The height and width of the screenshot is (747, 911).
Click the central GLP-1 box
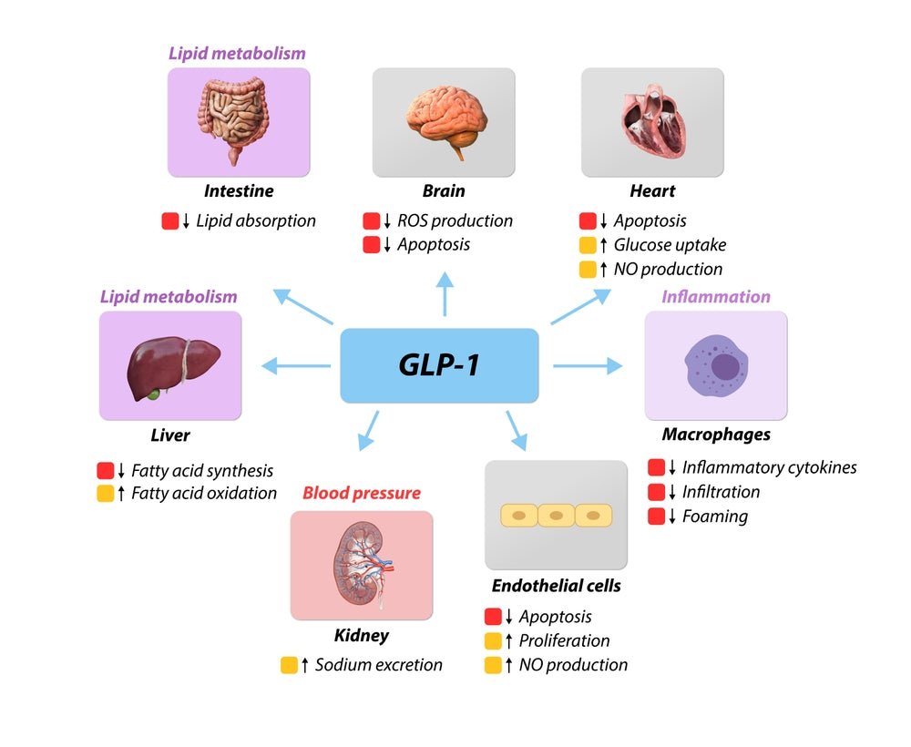(x=439, y=365)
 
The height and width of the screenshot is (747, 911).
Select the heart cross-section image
(x=652, y=122)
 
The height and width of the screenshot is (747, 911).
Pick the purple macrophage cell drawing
(x=716, y=366)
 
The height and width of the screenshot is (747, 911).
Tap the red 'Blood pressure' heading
(x=362, y=493)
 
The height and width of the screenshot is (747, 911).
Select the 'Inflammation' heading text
(x=716, y=296)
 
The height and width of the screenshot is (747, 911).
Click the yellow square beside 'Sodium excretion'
(x=289, y=665)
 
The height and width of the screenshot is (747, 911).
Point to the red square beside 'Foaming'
(x=656, y=517)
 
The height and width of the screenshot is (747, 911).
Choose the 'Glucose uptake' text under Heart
(x=670, y=244)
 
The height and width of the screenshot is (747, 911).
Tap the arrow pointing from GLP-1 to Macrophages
(x=588, y=365)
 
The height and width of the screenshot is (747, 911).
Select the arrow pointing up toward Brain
(x=445, y=293)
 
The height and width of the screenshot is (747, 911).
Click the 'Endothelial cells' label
(x=556, y=585)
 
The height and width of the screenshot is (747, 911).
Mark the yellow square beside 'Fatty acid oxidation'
(x=106, y=494)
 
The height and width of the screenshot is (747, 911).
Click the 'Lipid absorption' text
(x=256, y=220)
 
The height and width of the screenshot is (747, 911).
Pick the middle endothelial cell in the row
(x=556, y=516)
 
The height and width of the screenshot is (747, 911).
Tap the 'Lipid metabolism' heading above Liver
(x=169, y=296)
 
